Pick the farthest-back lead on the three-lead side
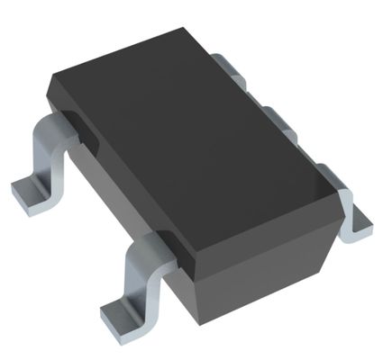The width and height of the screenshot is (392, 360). pyautogui.click(x=232, y=65)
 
